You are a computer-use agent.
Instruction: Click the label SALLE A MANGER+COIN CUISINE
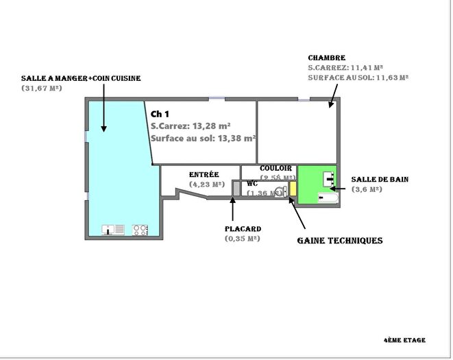81,79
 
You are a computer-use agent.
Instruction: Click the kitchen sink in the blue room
113,230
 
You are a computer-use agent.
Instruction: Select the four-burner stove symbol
140,230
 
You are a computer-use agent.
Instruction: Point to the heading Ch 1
160,114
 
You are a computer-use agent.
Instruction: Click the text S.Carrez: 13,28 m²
190,125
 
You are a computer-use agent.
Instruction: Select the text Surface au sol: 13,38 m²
203,138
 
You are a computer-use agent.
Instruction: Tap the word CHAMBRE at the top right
326,58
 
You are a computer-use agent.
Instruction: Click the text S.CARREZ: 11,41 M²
345,68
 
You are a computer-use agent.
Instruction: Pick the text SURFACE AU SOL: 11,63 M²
358,78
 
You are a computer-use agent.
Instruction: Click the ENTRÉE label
204,175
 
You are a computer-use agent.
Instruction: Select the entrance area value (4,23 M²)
207,184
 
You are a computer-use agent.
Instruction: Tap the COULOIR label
276,168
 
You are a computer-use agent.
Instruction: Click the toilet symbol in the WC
280,191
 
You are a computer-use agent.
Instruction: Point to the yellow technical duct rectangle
292,189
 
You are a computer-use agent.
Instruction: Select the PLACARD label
243,229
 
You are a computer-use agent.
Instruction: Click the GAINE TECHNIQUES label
339,241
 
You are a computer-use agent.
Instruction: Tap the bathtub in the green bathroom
328,198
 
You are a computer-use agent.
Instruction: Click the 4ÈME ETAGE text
404,340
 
